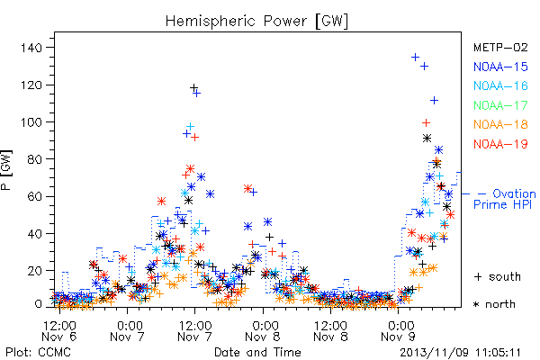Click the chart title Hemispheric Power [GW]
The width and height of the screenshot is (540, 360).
pyautogui.click(x=256, y=22)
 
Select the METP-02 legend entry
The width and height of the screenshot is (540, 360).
pyautogui.click(x=500, y=47)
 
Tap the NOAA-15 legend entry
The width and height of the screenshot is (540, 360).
pyautogui.click(x=500, y=67)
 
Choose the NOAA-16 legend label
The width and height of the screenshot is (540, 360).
pyautogui.click(x=500, y=85)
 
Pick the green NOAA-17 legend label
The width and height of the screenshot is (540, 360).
pyautogui.click(x=500, y=105)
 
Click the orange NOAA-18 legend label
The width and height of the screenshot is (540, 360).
pyautogui.click(x=500, y=124)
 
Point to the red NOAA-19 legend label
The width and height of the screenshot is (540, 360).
pyautogui.click(x=500, y=144)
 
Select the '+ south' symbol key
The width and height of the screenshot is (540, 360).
pyautogui.click(x=498, y=276)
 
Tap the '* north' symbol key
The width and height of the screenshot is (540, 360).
pyautogui.click(x=494, y=304)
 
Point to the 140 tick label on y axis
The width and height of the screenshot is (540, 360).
pyautogui.click(x=31, y=48)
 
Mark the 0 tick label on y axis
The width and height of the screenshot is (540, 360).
pyautogui.click(x=39, y=304)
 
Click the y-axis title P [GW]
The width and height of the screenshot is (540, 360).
pyautogui.click(x=6, y=170)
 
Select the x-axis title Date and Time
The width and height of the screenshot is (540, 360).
pyautogui.click(x=257, y=352)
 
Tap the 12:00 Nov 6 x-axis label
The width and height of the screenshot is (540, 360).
pyautogui.click(x=59, y=330)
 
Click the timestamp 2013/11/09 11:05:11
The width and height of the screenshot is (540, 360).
pyautogui.click(x=460, y=353)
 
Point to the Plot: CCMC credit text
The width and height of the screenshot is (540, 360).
pyautogui.click(x=38, y=353)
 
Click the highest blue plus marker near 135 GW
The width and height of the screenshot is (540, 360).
pyautogui.click(x=415, y=57)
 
